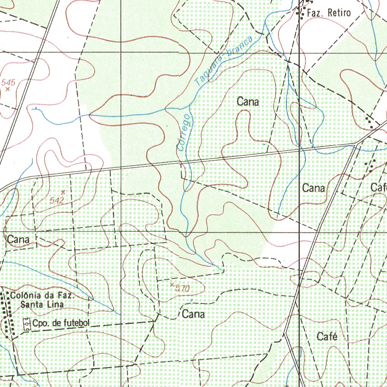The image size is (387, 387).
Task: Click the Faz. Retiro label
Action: [328, 13]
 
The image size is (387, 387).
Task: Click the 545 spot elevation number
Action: [8, 82]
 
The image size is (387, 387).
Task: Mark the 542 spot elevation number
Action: [57, 200]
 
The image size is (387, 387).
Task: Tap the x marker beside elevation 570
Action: [172, 284]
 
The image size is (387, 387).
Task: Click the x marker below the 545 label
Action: [7, 89]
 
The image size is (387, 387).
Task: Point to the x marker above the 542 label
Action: [63, 192]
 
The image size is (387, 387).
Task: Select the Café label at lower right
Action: [327, 336]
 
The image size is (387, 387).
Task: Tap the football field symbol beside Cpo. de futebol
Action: [27, 324]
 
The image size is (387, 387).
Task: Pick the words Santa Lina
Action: [42, 304]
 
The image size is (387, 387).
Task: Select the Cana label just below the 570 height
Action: [193, 314]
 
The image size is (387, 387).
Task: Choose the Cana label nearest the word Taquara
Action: [248, 102]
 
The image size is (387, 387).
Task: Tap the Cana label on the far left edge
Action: [18, 239]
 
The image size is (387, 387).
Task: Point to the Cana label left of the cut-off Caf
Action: [314, 188]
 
